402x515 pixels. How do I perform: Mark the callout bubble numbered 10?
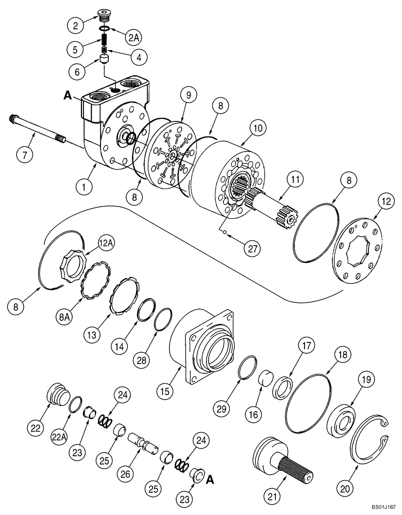[257, 127]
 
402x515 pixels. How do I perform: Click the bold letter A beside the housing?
[67, 95]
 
